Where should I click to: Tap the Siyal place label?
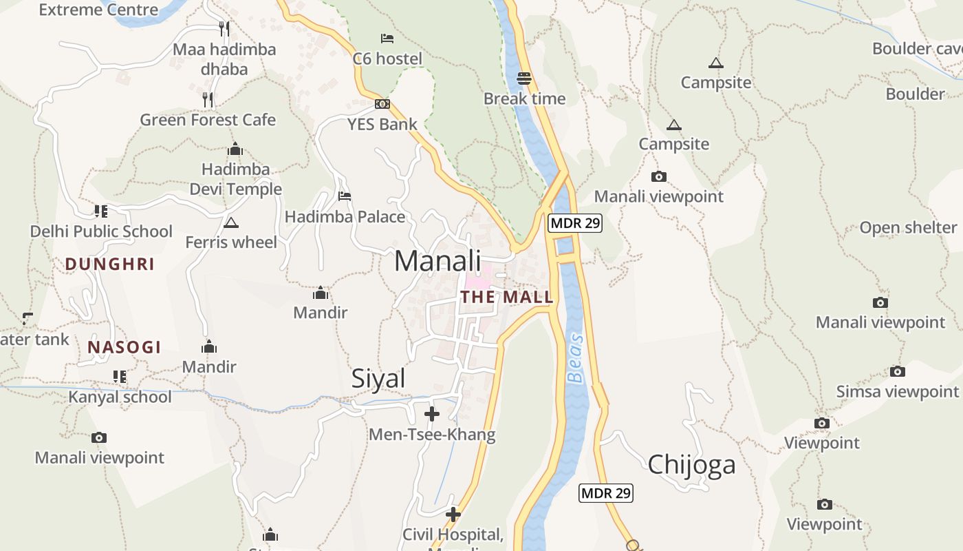(378, 379)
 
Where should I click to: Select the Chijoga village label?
(691, 464)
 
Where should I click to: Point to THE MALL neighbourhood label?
(507, 297)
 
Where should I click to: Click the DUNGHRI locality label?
(109, 264)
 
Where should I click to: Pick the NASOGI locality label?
(125, 347)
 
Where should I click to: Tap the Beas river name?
(576, 358)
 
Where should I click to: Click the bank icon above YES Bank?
(382, 104)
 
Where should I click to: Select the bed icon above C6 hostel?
(387, 38)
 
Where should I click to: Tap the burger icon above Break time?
(524, 79)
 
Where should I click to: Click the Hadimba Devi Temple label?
(236, 179)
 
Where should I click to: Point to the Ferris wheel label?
(231, 242)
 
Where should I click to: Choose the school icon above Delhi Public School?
(101, 211)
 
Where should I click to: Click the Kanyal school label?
(120, 397)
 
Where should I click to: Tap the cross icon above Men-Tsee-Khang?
(432, 414)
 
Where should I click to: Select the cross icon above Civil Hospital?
(453, 514)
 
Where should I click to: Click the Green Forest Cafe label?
(208, 120)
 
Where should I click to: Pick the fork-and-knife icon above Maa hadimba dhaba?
(224, 29)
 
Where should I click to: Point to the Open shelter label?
(908, 228)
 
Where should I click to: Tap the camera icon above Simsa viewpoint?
(898, 372)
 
